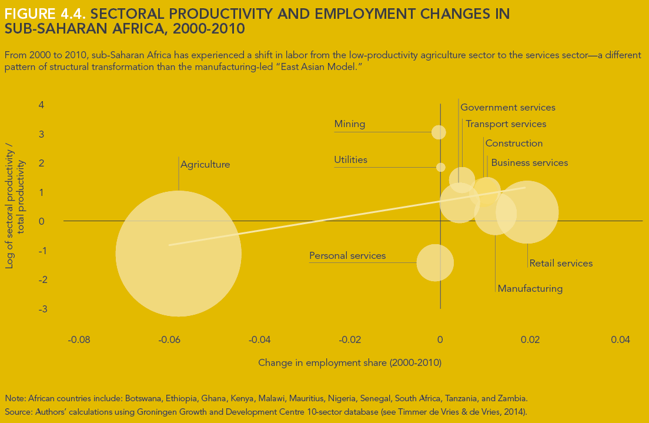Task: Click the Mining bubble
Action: click(439, 132)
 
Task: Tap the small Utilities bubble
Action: click(440, 167)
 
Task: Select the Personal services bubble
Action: click(435, 262)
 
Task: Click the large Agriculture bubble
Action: click(179, 254)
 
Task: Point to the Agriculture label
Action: click(205, 165)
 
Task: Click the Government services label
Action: click(507, 108)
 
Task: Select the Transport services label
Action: click(506, 124)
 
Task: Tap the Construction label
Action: click(514, 144)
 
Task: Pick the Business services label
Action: click(529, 163)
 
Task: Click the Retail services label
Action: click(561, 264)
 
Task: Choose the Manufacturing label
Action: click(530, 289)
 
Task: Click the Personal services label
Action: click(347, 256)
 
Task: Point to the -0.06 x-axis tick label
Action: click(169, 340)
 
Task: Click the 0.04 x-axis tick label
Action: click(620, 340)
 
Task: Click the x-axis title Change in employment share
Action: click(350, 363)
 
